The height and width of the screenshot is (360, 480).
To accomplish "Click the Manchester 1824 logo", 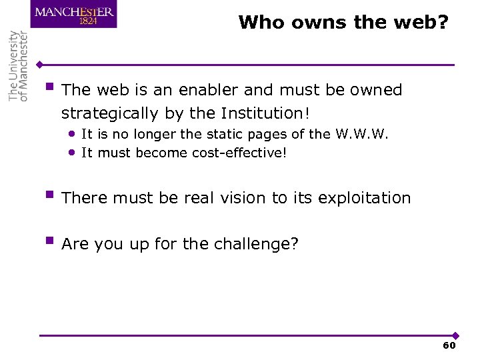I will tap(73, 15).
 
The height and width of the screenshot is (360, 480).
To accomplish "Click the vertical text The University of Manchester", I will tap(18, 66).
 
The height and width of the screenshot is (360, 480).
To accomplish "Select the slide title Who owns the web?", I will tap(343, 23).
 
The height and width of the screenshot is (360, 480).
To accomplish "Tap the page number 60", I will tap(449, 345).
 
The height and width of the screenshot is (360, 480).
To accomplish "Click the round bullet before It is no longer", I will tap(72, 133).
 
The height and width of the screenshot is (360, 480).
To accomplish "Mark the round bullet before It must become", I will tap(72, 151).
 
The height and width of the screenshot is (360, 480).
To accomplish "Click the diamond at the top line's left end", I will tap(40, 65).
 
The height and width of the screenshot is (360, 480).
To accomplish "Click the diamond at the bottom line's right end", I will tap(455, 335).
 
